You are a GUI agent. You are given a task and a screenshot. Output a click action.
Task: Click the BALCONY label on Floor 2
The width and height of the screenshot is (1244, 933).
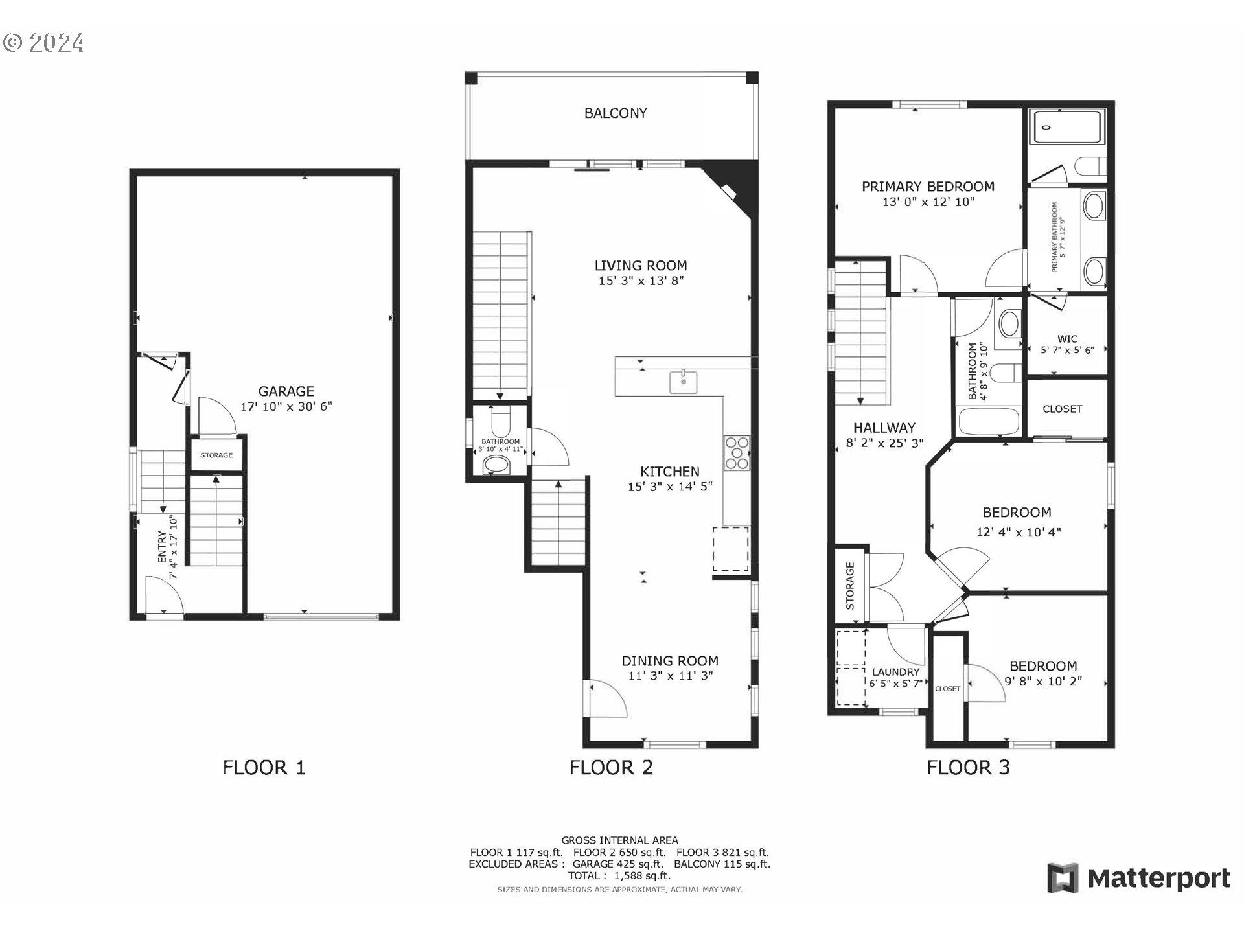click(x=616, y=113)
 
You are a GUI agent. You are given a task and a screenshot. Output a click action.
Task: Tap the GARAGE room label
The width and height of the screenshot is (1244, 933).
click(x=286, y=391)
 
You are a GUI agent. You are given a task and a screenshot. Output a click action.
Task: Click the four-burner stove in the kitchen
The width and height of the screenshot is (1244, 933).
click(x=737, y=452)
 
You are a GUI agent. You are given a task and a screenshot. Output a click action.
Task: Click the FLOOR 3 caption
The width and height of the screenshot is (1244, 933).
click(x=968, y=768)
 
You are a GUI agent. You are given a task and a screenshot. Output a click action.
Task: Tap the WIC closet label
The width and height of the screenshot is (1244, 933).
click(x=1067, y=339)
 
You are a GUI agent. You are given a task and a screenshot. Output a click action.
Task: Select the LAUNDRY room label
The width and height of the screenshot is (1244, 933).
click(x=895, y=673)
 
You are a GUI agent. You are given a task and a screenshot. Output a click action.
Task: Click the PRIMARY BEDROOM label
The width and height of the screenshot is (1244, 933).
click(x=928, y=187)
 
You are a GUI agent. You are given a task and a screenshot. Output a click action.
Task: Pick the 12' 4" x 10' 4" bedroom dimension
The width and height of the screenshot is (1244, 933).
click(x=1019, y=533)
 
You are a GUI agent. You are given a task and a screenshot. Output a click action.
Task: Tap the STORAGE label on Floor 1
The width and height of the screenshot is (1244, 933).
click(x=216, y=455)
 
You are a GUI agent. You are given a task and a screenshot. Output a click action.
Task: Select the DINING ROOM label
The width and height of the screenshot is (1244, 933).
click(x=670, y=661)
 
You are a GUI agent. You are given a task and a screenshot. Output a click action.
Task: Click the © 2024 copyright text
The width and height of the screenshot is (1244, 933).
click(x=43, y=43)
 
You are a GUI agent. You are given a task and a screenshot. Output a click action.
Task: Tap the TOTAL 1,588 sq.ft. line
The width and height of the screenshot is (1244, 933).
click(x=619, y=875)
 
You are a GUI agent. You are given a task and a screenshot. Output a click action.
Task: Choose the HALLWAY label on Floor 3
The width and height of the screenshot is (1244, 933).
click(x=884, y=428)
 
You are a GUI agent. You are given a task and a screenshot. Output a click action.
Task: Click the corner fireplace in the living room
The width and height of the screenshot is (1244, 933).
click(x=732, y=187)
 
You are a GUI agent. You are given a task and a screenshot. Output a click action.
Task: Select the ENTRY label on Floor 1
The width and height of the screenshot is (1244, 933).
click(x=162, y=546)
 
